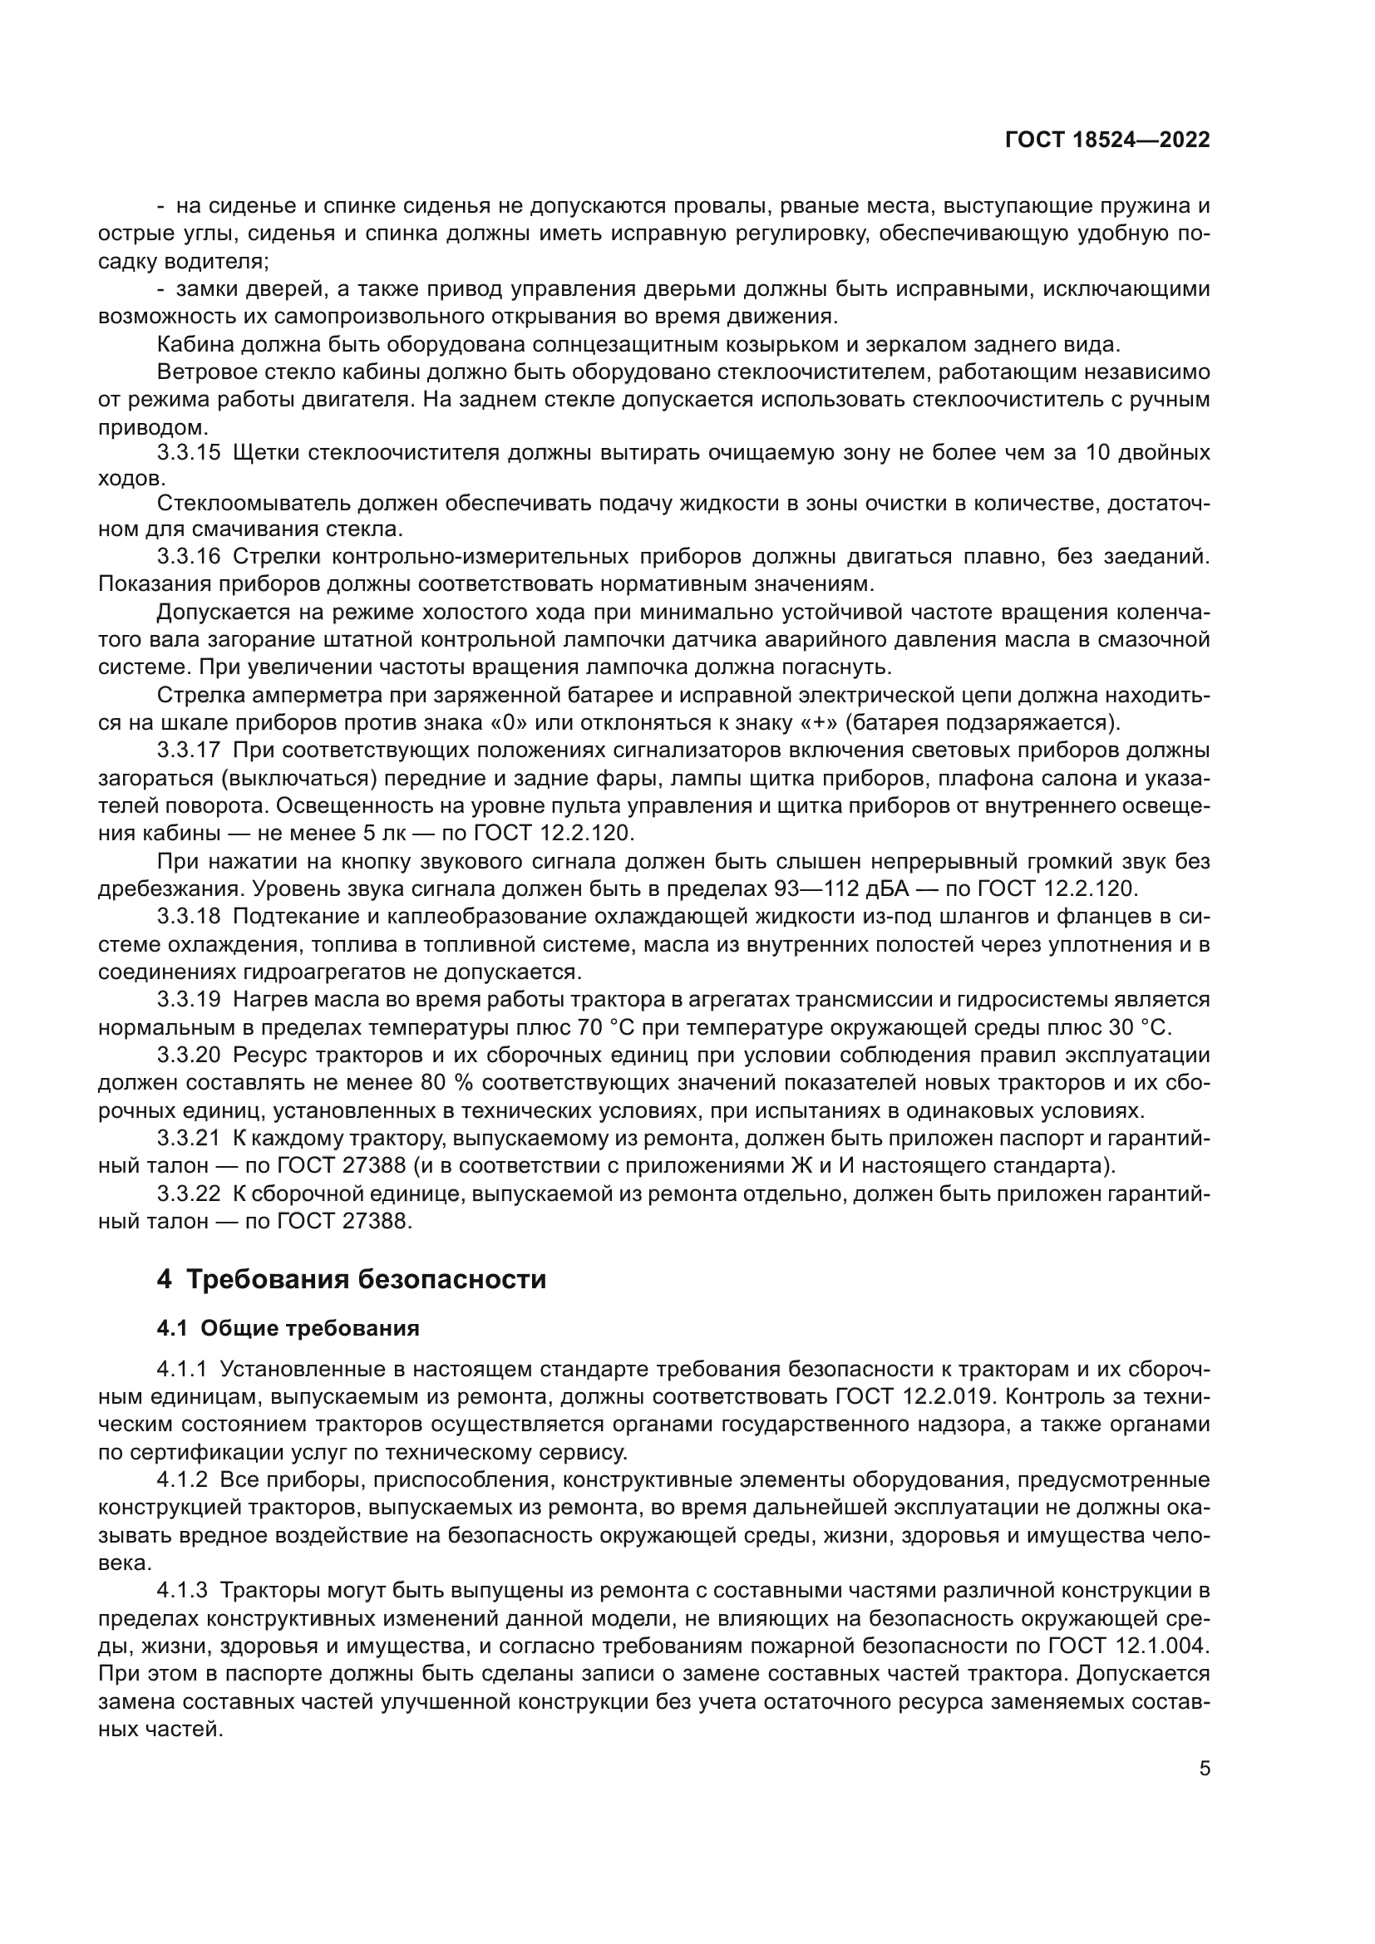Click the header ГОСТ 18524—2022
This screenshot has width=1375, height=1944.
pyautogui.click(x=1106, y=140)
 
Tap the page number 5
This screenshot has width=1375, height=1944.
pyautogui.click(x=1204, y=1769)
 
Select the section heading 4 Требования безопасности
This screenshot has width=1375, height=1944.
pyautogui.click(x=351, y=1279)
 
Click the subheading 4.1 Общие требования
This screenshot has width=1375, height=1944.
pyautogui.click(x=288, y=1328)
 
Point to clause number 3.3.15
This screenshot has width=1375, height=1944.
pyautogui.click(x=188, y=452)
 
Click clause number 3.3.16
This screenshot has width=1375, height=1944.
pyautogui.click(x=188, y=556)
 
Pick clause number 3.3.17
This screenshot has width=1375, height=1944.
pyautogui.click(x=188, y=751)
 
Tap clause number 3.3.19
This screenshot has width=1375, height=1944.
pyautogui.click(x=188, y=1000)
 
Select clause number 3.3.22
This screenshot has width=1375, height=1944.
pyautogui.click(x=188, y=1193)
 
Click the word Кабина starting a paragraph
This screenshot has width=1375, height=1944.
pyautogui.click(x=195, y=345)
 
